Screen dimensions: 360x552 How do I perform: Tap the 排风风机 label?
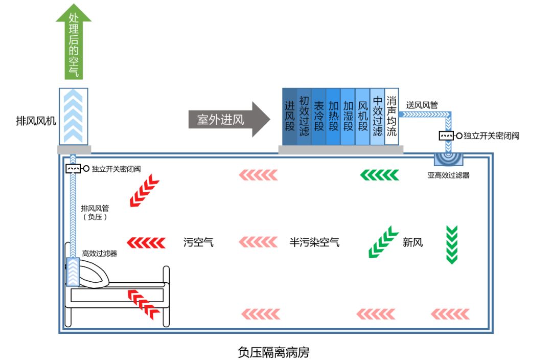[35, 121]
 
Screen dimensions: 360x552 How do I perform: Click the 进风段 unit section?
[290, 117]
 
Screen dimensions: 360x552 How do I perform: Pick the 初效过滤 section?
[304, 117]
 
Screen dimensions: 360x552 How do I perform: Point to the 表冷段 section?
[319, 117]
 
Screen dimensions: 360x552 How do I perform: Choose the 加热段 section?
[333, 117]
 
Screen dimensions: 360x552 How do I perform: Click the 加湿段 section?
[348, 117]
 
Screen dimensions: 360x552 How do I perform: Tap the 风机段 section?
[363, 117]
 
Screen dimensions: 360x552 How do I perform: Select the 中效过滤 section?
[377, 117]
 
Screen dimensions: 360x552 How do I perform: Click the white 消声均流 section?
[392, 117]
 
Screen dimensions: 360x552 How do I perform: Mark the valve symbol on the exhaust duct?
[74, 169]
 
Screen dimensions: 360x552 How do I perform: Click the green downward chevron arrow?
[451, 244]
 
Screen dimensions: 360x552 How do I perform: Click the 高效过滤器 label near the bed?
[100, 253]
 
